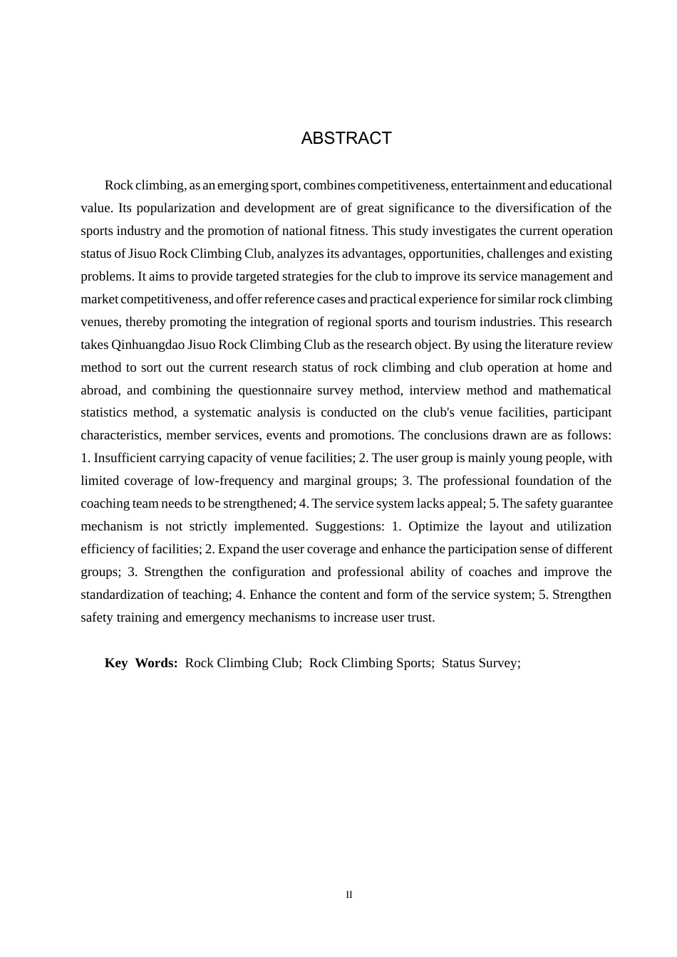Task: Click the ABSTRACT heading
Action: [x=346, y=138]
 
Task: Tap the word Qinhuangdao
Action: [x=148, y=345]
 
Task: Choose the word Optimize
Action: [x=434, y=526]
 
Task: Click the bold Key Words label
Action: [x=141, y=663]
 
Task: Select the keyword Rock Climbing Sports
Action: [x=371, y=663]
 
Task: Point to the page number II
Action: [x=349, y=894]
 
